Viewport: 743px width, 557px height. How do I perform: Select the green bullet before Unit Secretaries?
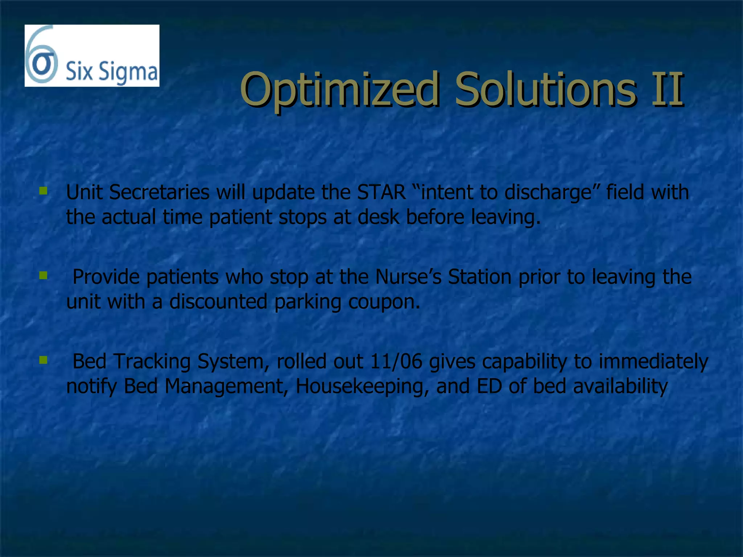pos(44,191)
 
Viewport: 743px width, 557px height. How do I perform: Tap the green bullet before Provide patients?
pos(44,276)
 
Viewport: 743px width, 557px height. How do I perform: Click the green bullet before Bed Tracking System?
pos(44,360)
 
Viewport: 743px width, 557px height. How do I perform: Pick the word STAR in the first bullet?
pos(381,192)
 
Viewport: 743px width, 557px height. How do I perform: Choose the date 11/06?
pos(396,362)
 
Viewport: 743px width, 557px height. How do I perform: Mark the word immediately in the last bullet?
pos(653,362)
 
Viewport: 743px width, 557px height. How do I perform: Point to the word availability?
pos(620,387)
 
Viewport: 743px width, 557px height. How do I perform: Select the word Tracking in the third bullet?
pos(152,362)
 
